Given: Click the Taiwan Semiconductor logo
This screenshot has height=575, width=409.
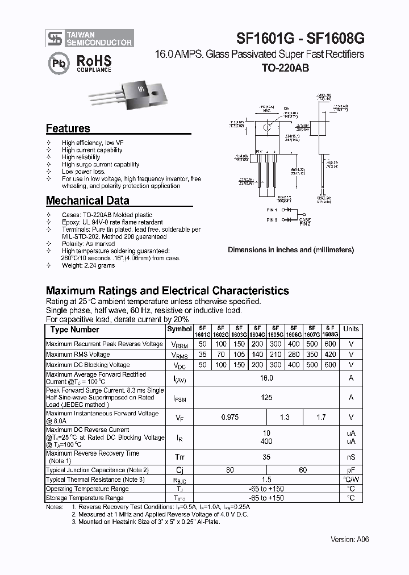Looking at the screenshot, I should coord(90,39).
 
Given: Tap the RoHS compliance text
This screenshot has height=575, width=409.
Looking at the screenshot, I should coord(94,63).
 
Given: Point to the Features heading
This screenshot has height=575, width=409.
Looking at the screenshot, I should coord(68,128).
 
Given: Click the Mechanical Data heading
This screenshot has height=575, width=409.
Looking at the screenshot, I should coord(87,201).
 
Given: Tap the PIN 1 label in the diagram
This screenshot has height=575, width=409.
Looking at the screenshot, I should coord(271,210).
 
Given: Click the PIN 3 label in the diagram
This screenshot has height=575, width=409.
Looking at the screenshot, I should coord(271,220).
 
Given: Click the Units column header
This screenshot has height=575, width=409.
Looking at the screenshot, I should coord(351,329).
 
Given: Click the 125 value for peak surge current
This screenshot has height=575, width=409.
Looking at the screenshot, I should coord(266,398).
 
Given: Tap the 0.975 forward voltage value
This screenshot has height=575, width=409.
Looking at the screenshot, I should coord(229,418).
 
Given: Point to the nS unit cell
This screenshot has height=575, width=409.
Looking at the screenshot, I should coord(351,457).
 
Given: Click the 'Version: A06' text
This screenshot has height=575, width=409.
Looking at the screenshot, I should coord(349,540).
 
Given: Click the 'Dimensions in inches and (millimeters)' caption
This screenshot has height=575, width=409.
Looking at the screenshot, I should coord(291,250).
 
